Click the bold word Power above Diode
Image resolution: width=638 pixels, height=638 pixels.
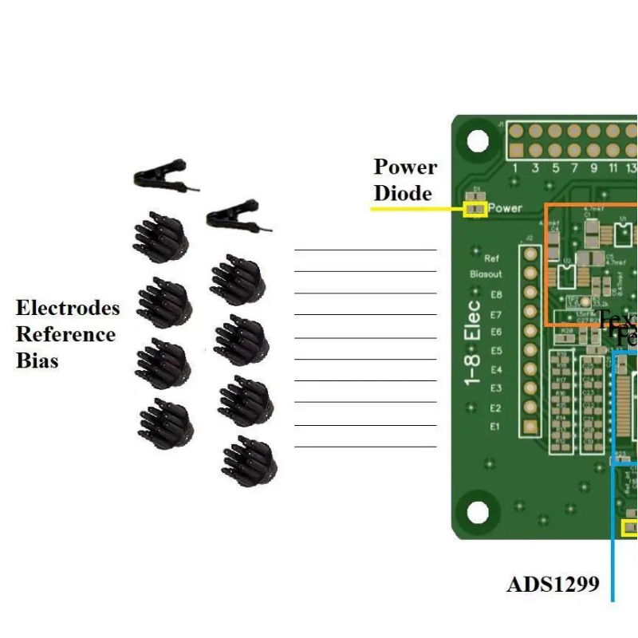point(406,167)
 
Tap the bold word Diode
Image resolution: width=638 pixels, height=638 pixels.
point(403,193)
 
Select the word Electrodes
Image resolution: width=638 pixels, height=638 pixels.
point(68,308)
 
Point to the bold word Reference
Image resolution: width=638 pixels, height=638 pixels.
point(65,334)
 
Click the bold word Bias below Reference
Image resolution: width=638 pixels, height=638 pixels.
point(37,360)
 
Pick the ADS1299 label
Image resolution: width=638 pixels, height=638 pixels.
point(553,585)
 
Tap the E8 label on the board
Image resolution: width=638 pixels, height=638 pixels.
point(496,294)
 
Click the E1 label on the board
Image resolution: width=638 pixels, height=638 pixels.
point(495,427)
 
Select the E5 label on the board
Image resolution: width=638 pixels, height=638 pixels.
point(496,351)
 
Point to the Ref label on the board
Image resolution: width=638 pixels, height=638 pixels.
point(492,258)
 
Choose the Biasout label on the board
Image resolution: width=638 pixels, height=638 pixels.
point(486,274)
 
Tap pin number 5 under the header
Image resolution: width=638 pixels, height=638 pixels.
point(555,168)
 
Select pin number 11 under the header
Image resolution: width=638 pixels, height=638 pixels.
point(613,168)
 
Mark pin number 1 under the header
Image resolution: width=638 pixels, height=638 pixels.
point(516,168)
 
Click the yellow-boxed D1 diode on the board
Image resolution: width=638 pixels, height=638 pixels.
point(475,209)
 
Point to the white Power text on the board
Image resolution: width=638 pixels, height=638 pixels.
point(505,208)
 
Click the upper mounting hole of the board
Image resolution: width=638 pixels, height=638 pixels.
point(478,141)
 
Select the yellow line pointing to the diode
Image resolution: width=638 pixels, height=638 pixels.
point(415,209)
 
